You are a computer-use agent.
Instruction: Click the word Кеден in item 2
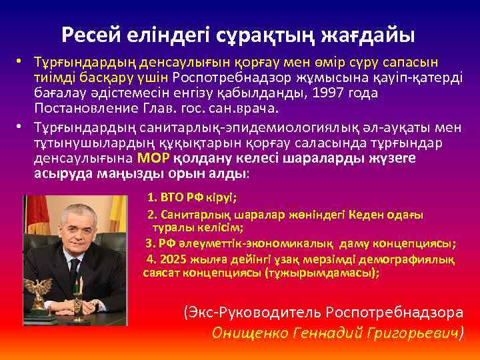pos(362,215)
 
